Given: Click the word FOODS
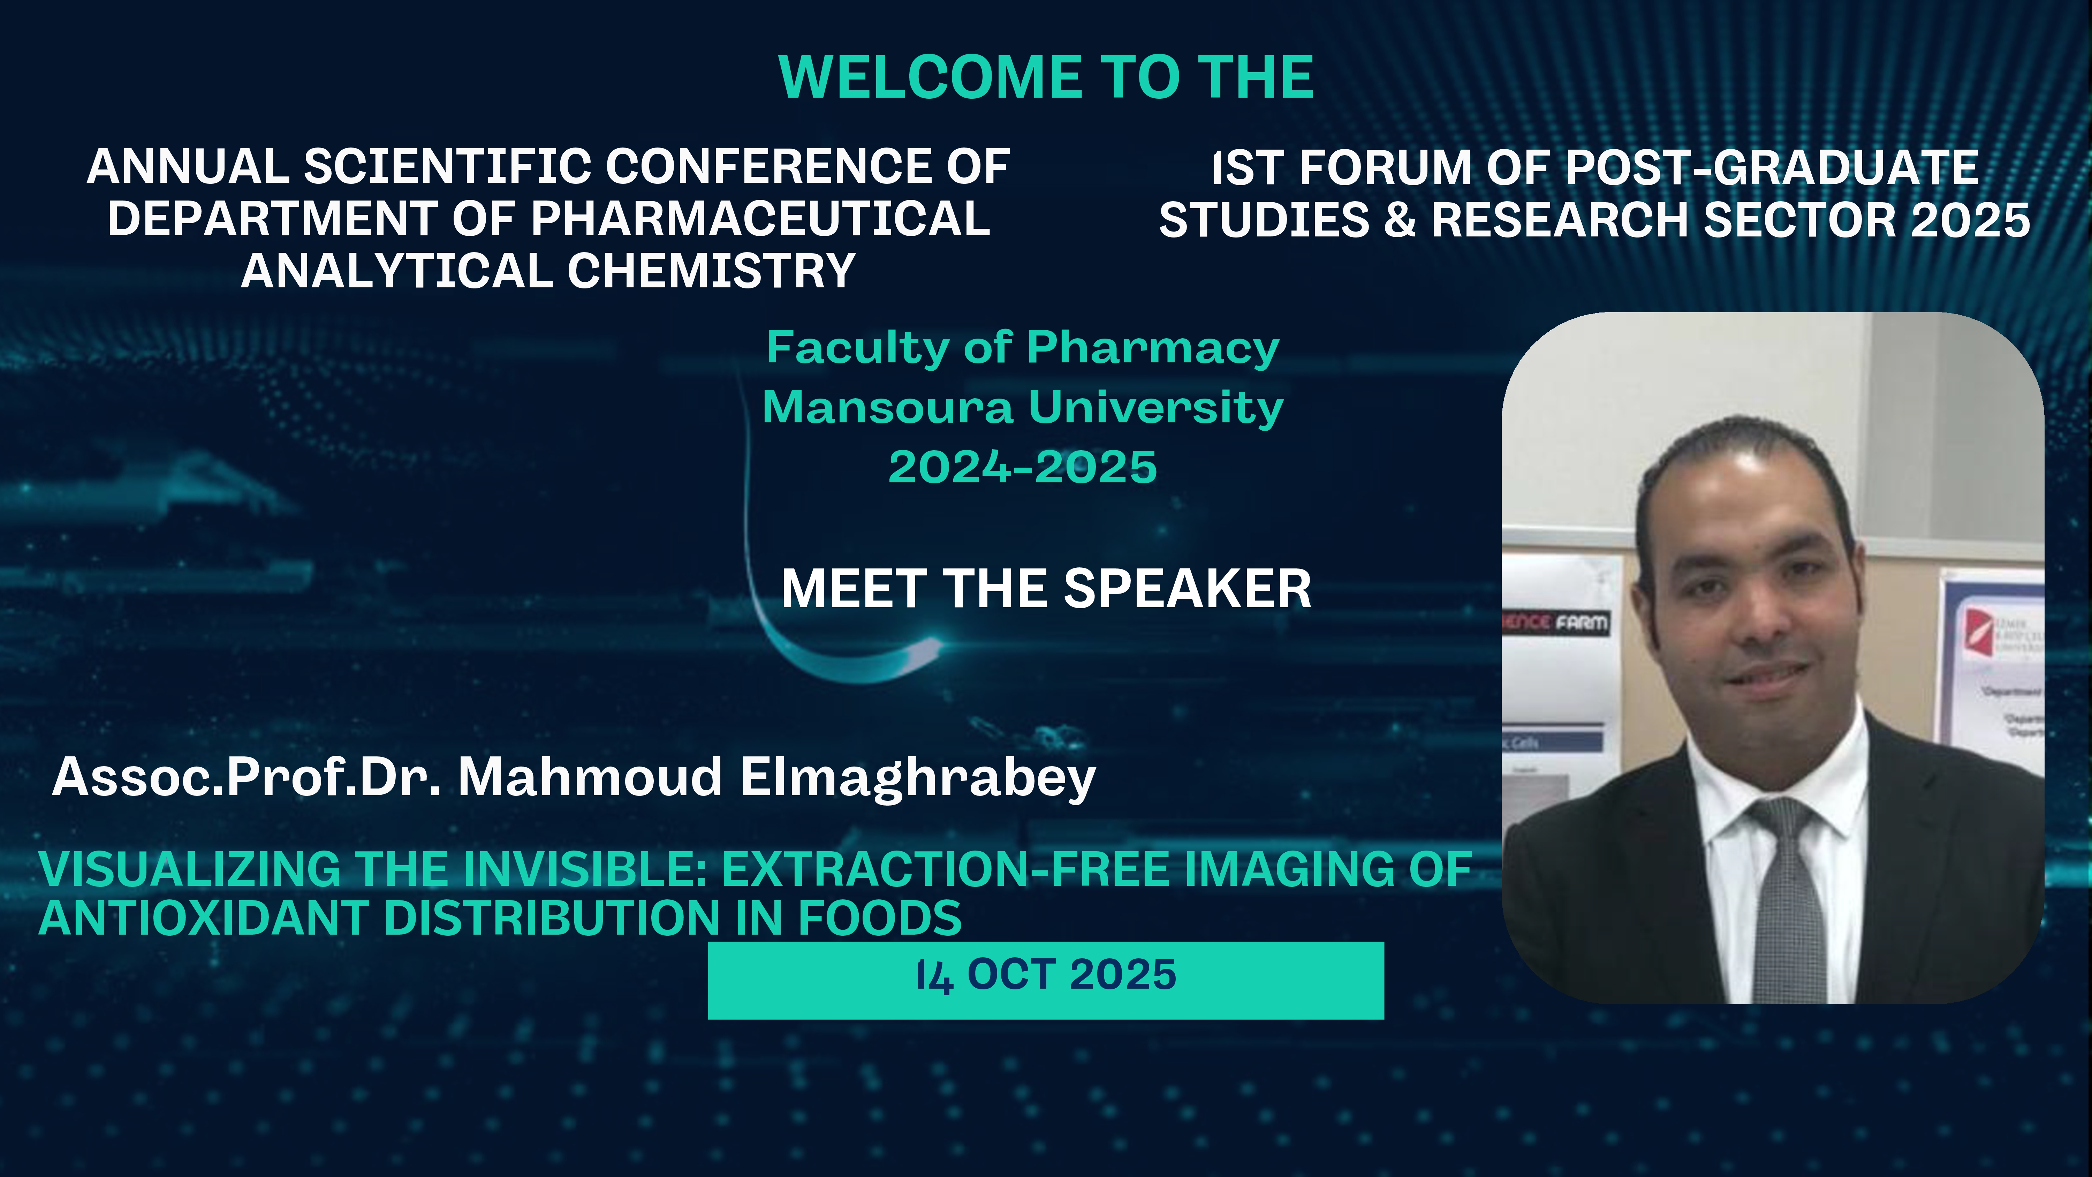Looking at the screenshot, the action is pos(880,919).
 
